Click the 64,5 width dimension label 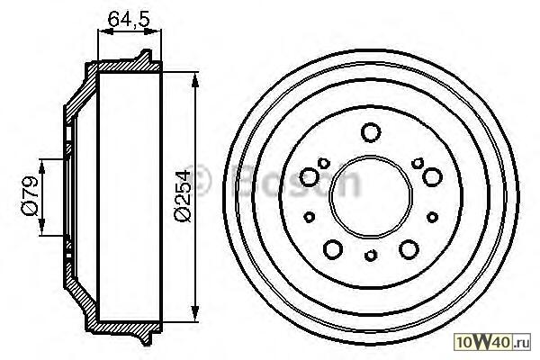[129, 19]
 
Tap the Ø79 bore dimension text [30, 196]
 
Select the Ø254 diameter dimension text [182, 196]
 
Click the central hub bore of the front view [371, 197]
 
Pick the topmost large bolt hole [371, 132]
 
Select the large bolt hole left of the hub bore [310, 177]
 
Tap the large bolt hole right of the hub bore [432, 176]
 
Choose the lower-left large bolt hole [333, 248]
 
